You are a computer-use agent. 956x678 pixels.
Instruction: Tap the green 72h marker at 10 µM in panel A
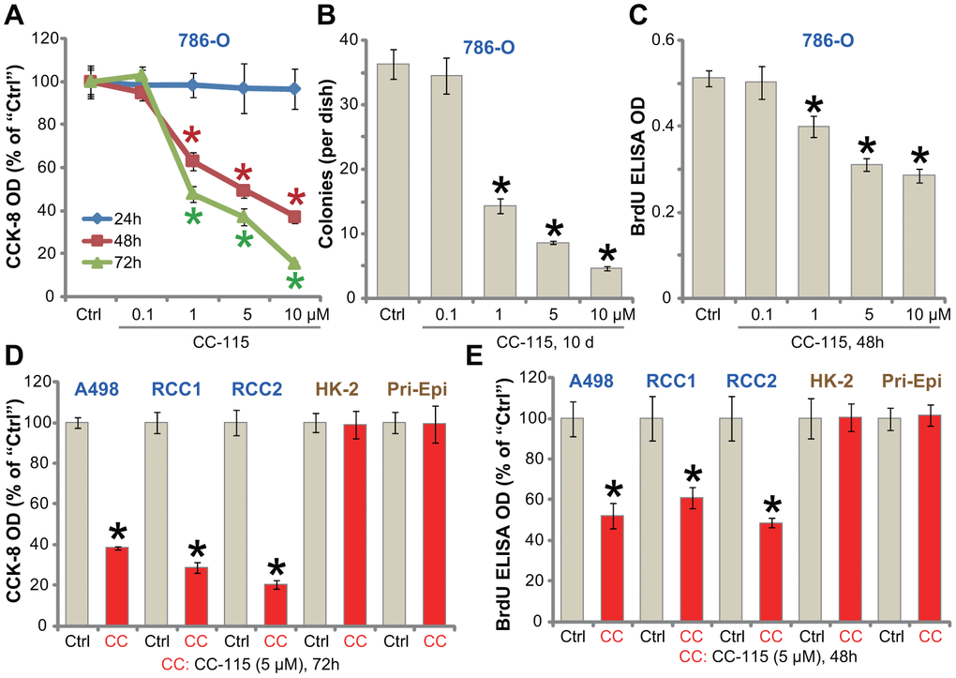click(294, 264)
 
